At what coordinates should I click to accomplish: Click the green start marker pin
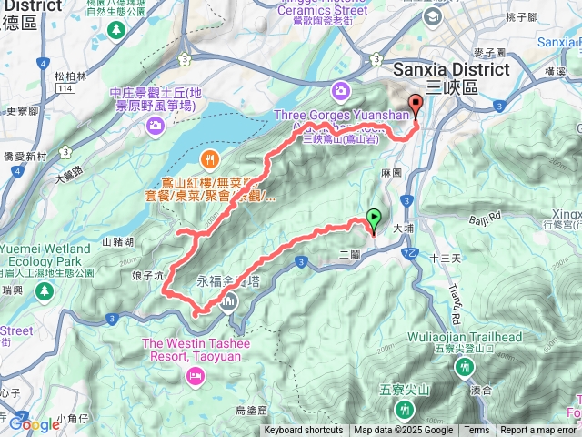pyautogui.click(x=373, y=218)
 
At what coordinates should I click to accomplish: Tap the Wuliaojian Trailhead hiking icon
pyautogui.click(x=465, y=366)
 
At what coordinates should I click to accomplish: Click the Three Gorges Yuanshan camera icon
pyautogui.click(x=340, y=89)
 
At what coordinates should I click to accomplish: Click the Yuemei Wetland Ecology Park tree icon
pyautogui.click(x=44, y=290)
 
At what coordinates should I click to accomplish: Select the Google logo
pyautogui.click(x=34, y=423)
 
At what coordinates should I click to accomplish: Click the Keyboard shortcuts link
pyautogui.click(x=304, y=431)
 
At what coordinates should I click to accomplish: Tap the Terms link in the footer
pyautogui.click(x=477, y=431)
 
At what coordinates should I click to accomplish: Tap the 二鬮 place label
pyautogui.click(x=349, y=254)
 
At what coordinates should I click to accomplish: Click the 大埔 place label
pyautogui.click(x=404, y=229)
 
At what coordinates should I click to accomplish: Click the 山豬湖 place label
pyautogui.click(x=118, y=241)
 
